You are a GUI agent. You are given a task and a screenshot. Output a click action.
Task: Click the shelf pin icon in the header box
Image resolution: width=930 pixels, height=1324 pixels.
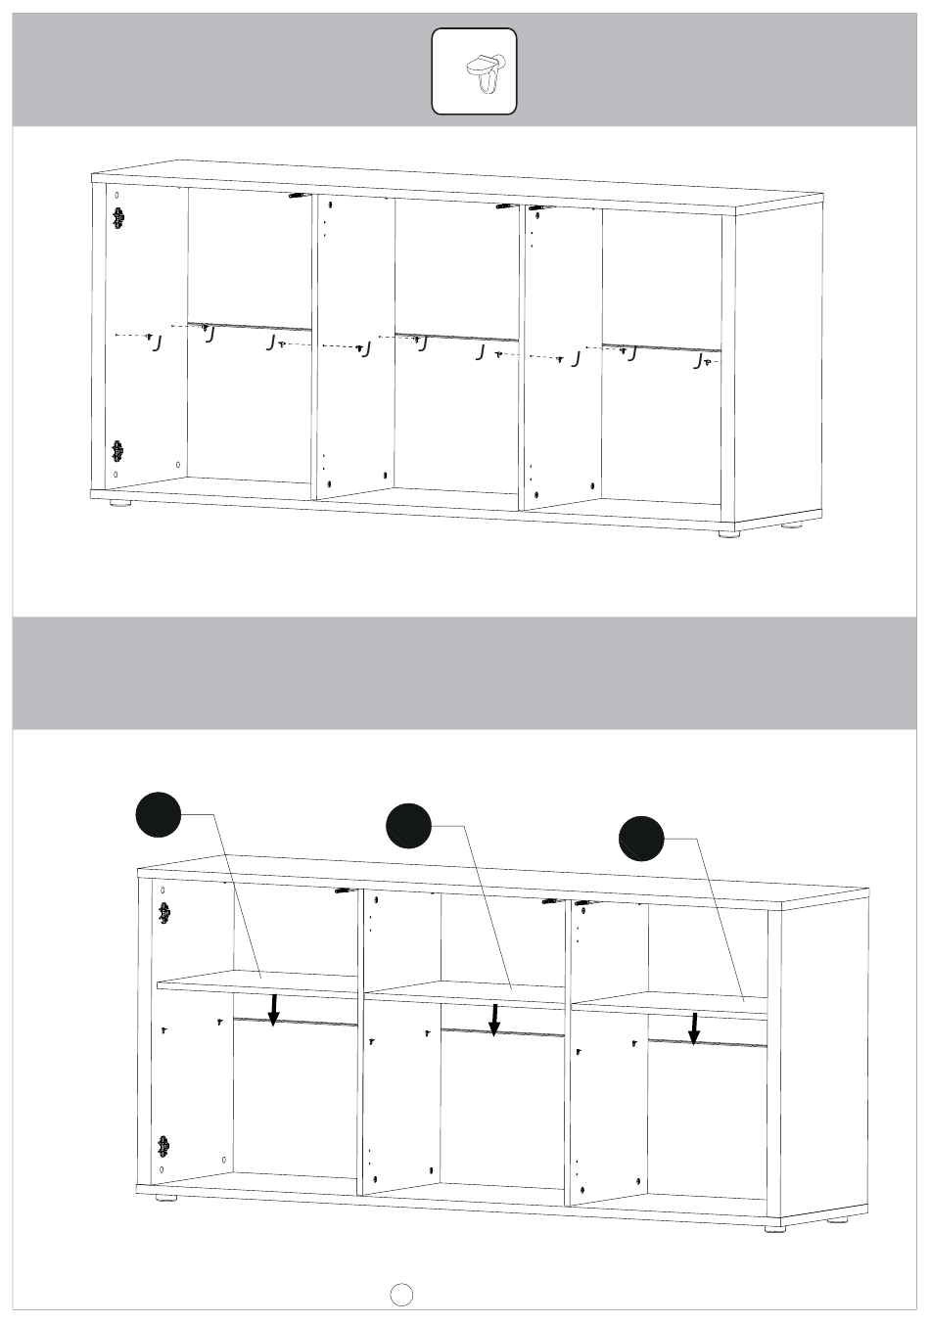pyautogui.click(x=486, y=72)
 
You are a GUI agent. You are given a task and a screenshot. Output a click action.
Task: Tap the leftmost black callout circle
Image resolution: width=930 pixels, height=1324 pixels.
pyautogui.click(x=158, y=814)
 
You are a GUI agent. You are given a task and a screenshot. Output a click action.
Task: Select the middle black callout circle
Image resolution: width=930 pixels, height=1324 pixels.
pyautogui.click(x=409, y=826)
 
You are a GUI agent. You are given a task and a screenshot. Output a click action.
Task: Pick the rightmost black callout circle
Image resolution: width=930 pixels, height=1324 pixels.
pyautogui.click(x=641, y=838)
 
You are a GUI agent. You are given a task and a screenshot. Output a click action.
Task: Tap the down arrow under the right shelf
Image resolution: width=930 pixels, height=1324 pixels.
pyautogui.click(x=694, y=1028)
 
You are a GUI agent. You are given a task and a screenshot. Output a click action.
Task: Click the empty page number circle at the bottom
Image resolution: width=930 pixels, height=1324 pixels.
pyautogui.click(x=401, y=1295)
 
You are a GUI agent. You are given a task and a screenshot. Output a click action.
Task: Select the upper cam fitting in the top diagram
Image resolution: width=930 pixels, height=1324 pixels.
pyautogui.click(x=117, y=219)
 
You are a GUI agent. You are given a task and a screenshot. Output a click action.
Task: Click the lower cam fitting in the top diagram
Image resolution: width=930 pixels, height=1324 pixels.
pyautogui.click(x=117, y=451)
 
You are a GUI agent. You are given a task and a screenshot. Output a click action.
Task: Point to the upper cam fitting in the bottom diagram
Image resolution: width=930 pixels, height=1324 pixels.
pyautogui.click(x=163, y=914)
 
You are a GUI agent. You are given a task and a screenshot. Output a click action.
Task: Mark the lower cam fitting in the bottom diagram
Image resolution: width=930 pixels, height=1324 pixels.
pyautogui.click(x=163, y=1145)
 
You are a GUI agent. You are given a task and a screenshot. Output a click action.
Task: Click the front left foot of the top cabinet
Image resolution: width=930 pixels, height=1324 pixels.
pyautogui.click(x=119, y=504)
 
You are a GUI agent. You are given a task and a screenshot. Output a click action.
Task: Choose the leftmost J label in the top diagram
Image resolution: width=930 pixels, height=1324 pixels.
pyautogui.click(x=157, y=344)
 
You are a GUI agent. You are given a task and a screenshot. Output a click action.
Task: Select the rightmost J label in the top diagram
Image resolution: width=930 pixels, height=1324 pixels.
pyautogui.click(x=697, y=361)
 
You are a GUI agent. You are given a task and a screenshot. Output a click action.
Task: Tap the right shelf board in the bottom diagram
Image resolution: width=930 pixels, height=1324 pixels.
pyautogui.click(x=671, y=1001)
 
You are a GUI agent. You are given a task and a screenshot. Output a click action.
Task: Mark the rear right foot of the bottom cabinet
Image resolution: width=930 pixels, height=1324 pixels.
pyautogui.click(x=838, y=1220)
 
